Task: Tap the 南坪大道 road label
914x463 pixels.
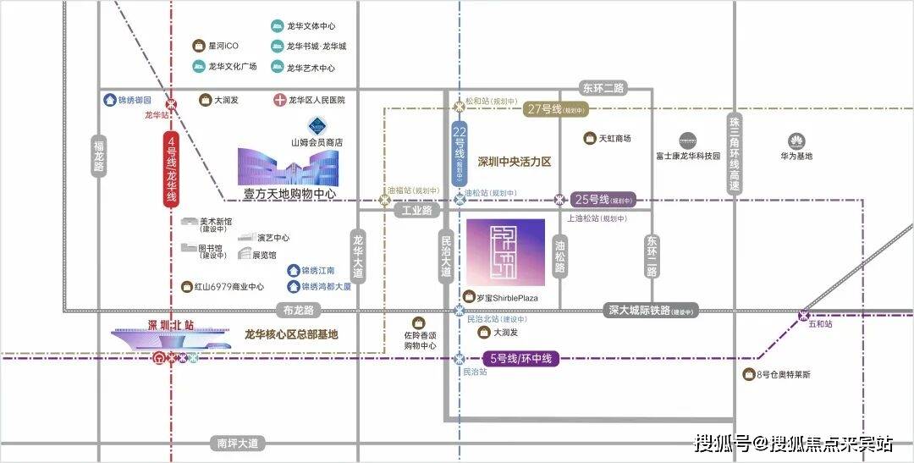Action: point(237,443)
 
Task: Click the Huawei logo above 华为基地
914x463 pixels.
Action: point(796,141)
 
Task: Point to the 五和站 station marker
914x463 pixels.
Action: point(803,316)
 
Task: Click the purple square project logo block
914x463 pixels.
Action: point(505,252)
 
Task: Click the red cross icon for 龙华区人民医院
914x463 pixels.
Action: point(279,100)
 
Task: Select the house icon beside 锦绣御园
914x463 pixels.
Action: point(109,100)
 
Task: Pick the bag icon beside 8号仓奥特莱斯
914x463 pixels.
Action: point(748,374)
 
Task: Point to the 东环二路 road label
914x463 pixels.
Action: point(602,87)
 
